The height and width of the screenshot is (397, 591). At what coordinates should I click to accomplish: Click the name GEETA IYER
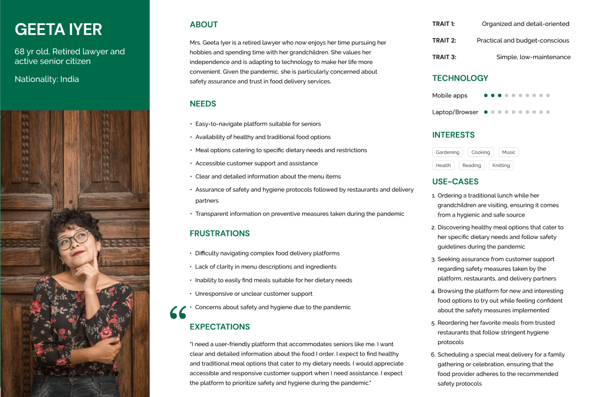point(58,30)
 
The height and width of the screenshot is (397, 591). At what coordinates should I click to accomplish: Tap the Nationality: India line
point(47,79)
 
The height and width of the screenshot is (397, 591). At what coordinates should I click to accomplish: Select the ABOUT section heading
point(204,25)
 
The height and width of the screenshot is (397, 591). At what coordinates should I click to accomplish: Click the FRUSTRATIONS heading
point(220,233)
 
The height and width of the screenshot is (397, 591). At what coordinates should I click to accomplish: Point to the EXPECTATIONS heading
point(220,327)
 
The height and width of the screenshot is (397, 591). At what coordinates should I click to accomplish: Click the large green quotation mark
point(178,313)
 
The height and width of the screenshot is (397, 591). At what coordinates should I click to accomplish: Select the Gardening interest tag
point(447,152)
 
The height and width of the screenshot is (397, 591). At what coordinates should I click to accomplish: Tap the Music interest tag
point(509,152)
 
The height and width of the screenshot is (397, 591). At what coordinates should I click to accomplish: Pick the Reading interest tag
point(471,166)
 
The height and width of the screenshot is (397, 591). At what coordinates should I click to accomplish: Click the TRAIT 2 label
point(444,41)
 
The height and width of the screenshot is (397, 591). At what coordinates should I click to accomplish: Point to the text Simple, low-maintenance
point(533,57)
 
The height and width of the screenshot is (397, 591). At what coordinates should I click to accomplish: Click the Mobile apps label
point(449,96)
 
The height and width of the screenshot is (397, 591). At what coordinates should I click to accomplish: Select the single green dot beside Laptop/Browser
point(486,112)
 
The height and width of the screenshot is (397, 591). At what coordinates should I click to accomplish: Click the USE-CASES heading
point(455,182)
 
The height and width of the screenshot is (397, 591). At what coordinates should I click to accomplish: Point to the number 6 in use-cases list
point(434,355)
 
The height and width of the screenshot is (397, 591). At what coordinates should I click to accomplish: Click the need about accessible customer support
point(256,164)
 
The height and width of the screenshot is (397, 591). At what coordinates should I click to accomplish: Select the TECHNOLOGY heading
point(460,78)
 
